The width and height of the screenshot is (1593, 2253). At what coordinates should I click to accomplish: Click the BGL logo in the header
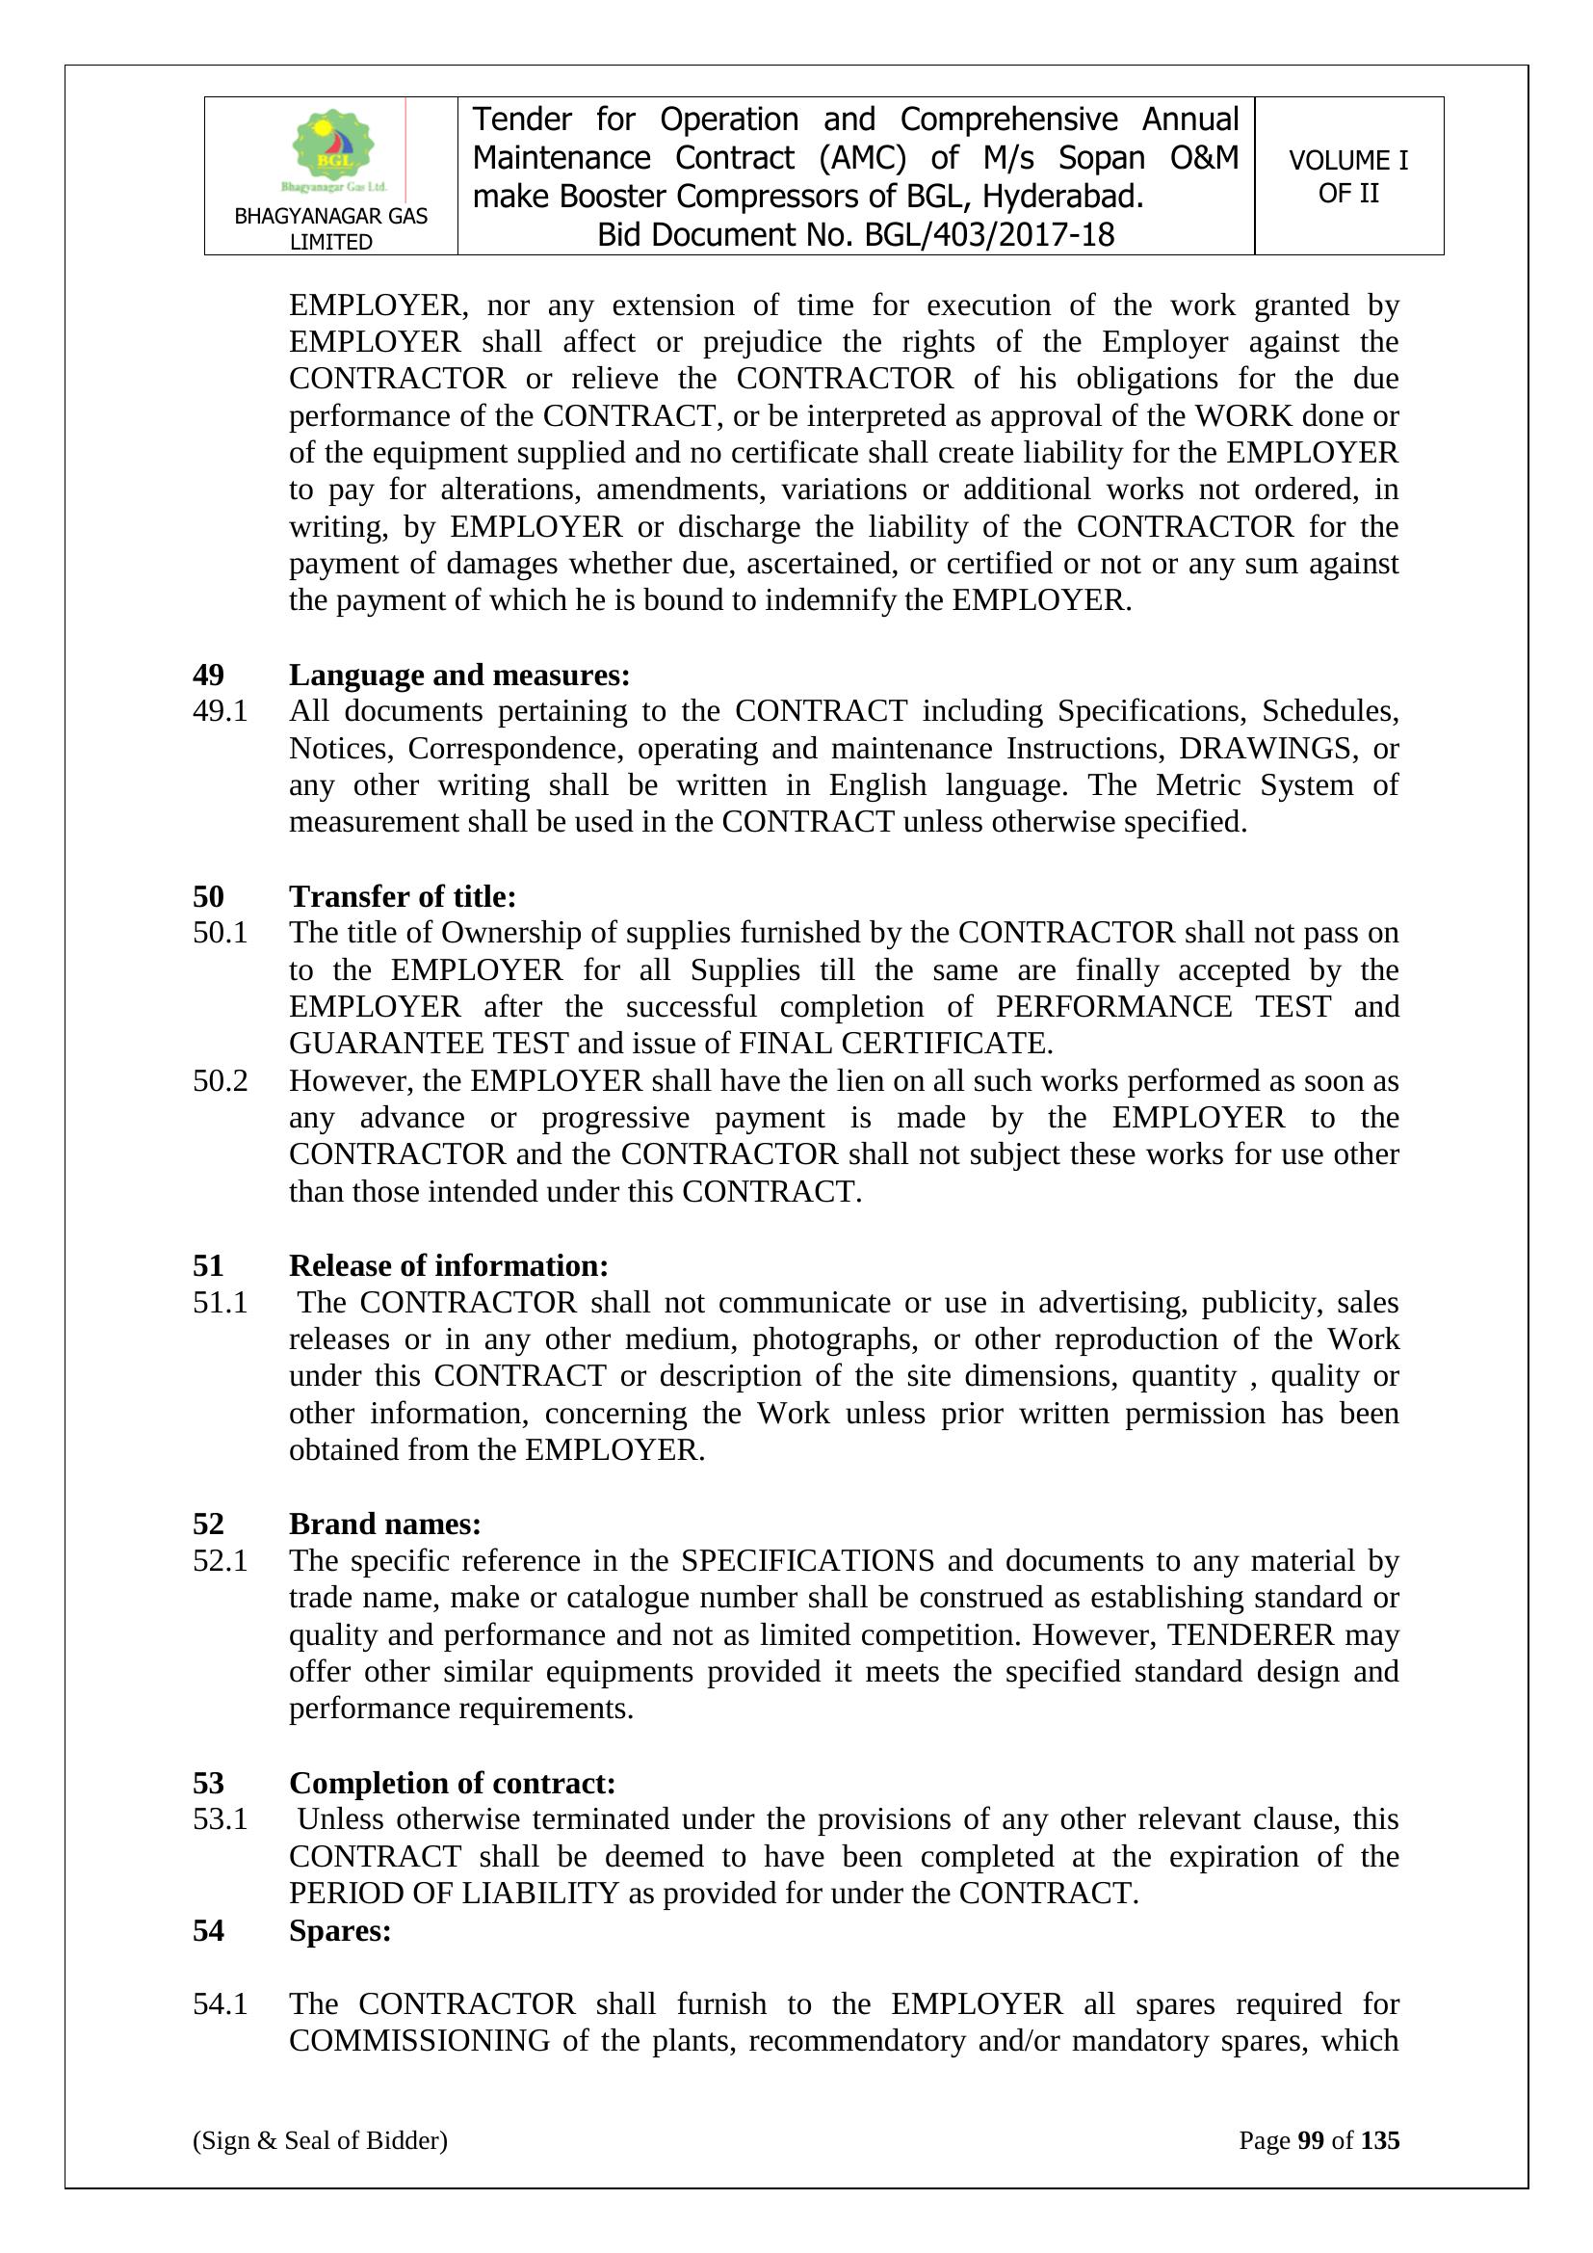[x=333, y=150]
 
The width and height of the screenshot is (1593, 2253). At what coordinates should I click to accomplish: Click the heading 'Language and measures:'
[x=459, y=676]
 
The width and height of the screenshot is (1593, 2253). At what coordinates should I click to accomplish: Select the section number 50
[x=208, y=896]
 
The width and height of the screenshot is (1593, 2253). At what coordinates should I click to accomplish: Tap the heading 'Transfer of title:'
[x=403, y=896]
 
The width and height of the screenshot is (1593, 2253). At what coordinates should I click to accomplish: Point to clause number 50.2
[x=220, y=1080]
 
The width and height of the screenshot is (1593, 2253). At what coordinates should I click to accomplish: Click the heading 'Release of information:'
[x=448, y=1265]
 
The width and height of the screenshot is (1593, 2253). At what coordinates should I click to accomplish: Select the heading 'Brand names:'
[x=384, y=1523]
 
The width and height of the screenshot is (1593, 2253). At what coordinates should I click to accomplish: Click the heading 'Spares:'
[x=339, y=1930]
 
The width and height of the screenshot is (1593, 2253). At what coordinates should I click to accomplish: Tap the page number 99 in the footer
[x=1311, y=2140]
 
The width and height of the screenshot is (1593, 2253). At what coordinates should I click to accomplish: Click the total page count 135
[x=1380, y=2140]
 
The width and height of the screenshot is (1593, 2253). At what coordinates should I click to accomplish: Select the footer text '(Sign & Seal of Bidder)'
[x=320, y=2140]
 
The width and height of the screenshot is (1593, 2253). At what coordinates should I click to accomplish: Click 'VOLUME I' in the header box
[x=1347, y=160]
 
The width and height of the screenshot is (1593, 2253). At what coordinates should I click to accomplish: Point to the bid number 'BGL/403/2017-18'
[x=989, y=235]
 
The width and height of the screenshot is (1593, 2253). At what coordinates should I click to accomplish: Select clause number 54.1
[x=220, y=2003]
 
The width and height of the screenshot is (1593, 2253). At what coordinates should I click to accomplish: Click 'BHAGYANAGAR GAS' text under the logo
[x=330, y=216]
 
